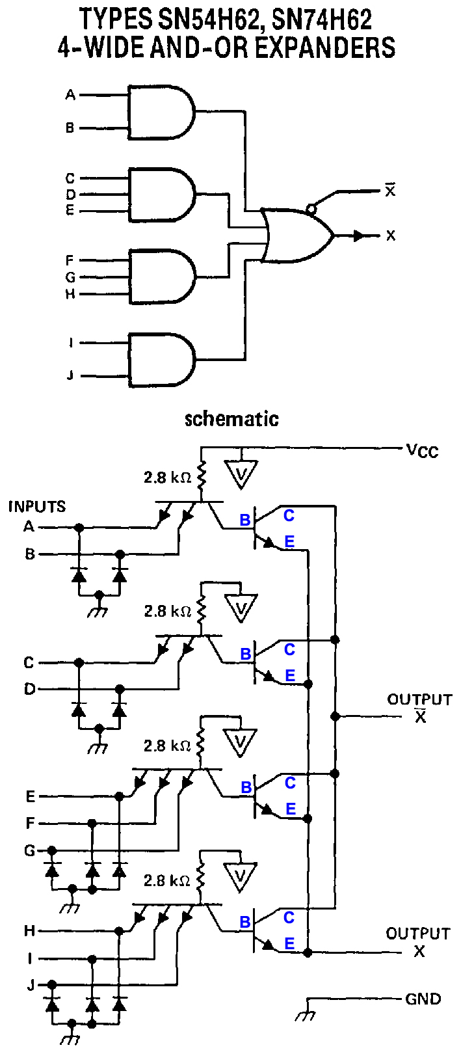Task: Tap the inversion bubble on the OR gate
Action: tap(311, 209)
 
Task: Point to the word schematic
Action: tap(231, 418)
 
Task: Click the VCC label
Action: tap(422, 450)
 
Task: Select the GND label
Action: tap(423, 999)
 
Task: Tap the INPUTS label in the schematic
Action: tap(37, 506)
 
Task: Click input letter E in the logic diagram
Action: tap(70, 210)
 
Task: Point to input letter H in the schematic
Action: tap(29, 931)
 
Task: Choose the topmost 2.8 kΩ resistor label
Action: tap(167, 478)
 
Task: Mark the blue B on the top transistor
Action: tap(244, 520)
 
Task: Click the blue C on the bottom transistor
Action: tap(289, 917)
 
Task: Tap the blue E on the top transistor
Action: tap(289, 541)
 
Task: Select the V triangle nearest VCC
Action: tap(241, 474)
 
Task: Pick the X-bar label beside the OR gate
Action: tap(390, 191)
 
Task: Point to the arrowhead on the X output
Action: tap(359, 236)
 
